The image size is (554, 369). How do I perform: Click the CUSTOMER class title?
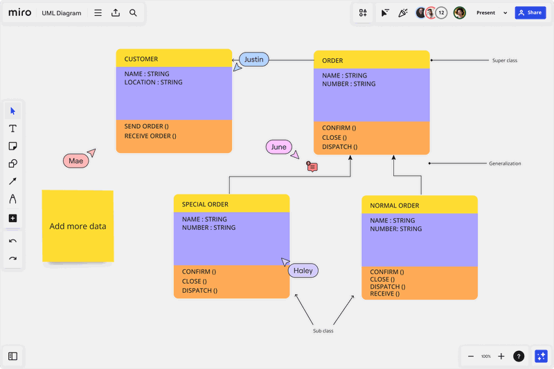[x=141, y=59]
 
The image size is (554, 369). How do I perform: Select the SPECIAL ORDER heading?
[x=205, y=204]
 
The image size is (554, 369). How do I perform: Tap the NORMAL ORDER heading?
[x=395, y=206]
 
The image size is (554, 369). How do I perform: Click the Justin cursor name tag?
[x=254, y=60]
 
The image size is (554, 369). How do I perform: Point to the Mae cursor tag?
[x=75, y=161]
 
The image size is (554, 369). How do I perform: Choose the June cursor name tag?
[x=278, y=147]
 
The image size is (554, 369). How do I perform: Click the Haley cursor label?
[x=303, y=271]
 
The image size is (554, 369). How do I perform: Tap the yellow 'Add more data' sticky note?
[x=78, y=226]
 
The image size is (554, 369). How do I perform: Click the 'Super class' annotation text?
[x=505, y=61]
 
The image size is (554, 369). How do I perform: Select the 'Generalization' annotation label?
[x=505, y=163]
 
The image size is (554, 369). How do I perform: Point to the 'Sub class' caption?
[x=323, y=331]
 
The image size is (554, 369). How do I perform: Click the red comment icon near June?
[x=312, y=167]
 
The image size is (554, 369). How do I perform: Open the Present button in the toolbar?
[x=486, y=12]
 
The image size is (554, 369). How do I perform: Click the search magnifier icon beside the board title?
[x=133, y=12]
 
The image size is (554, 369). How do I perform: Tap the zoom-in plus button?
[x=501, y=356]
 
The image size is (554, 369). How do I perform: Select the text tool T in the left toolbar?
[x=12, y=129]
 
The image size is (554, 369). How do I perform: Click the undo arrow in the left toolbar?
[x=12, y=241]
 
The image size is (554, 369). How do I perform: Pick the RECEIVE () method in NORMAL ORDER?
[x=383, y=294]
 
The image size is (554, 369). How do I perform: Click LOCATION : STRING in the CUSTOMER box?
[x=154, y=82]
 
